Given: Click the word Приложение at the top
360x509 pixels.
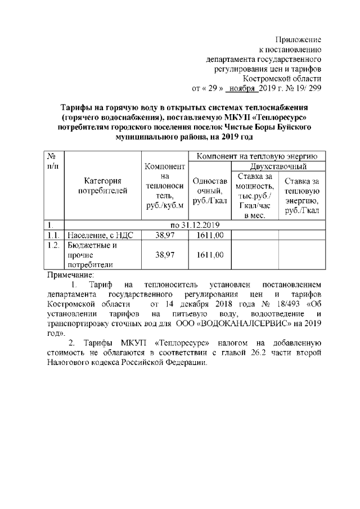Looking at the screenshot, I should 298,40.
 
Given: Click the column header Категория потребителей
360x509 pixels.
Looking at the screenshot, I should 102,186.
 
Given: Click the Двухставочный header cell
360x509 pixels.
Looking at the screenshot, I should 278,166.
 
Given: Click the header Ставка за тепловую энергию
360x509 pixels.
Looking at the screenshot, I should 302,196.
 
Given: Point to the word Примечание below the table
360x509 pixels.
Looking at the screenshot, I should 70,274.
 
